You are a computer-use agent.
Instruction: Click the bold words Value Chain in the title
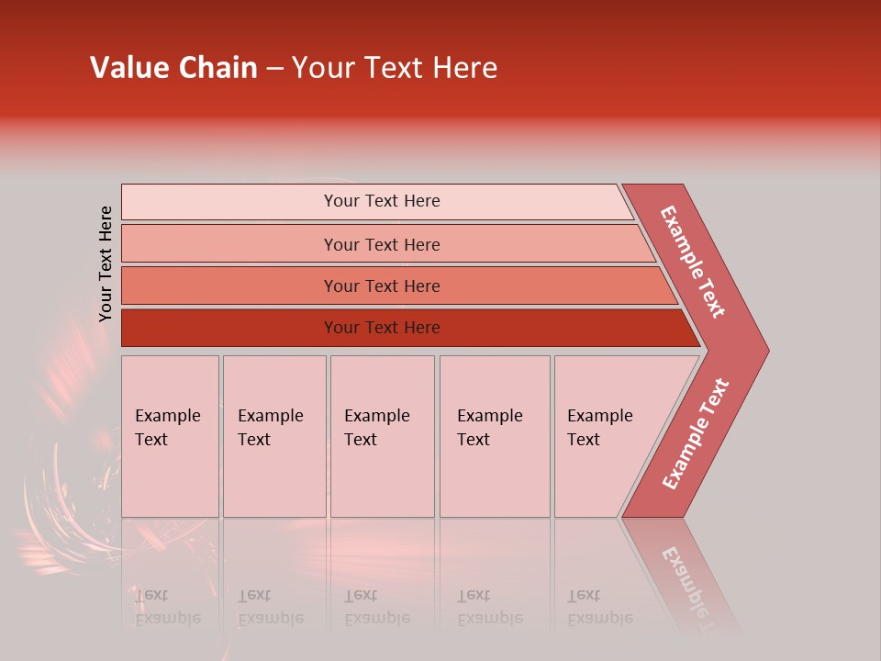tap(173, 68)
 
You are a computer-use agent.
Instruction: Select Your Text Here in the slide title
tap(395, 68)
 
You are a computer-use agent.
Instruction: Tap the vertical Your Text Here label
tap(106, 263)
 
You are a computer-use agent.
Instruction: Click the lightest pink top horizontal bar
tap(376, 201)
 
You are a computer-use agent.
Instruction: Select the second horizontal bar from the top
tap(385, 244)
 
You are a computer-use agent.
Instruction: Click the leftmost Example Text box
tap(170, 436)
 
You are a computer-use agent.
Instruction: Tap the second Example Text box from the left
tap(274, 436)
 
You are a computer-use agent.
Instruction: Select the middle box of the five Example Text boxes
tap(382, 436)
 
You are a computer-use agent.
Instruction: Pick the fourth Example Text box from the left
tap(495, 436)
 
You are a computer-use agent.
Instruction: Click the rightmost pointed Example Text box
tap(610, 436)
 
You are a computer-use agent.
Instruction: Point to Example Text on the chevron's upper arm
tap(693, 262)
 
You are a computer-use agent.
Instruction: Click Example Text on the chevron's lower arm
tap(696, 433)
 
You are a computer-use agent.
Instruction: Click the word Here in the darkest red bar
tap(421, 328)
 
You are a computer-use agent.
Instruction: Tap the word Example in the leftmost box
tap(167, 416)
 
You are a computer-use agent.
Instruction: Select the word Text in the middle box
tap(361, 440)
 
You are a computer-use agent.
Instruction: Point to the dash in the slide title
tap(274, 69)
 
